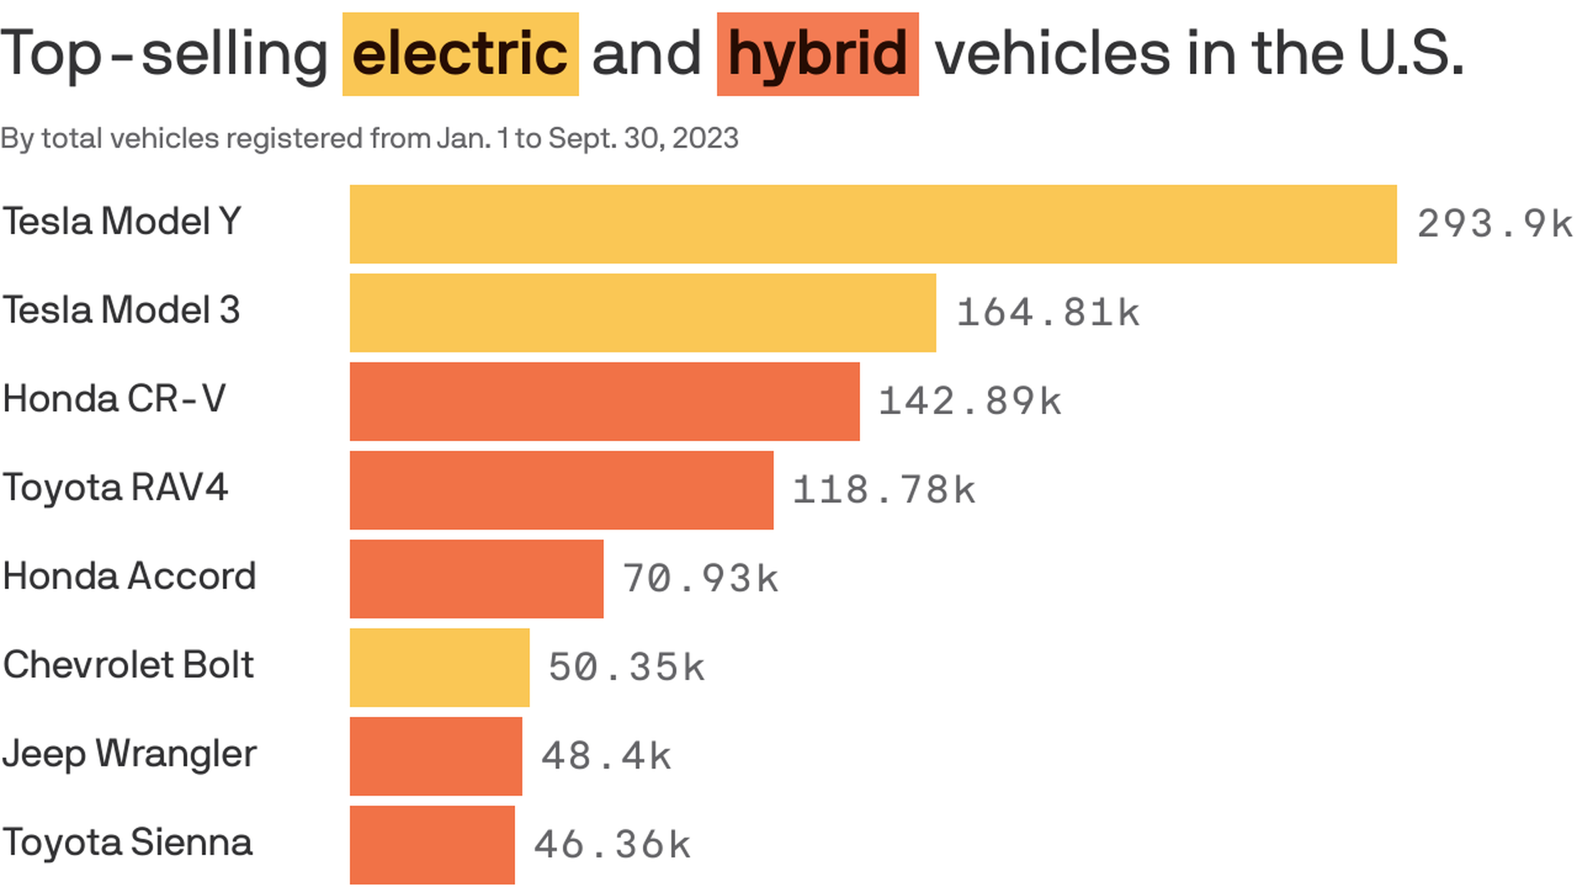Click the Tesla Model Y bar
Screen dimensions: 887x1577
pos(872,224)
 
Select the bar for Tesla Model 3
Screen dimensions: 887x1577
pos(642,313)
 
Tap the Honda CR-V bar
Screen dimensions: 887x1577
pos(605,402)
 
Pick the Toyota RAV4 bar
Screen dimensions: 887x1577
pos(561,490)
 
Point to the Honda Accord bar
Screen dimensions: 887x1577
pos(476,579)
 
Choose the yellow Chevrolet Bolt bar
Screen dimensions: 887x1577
pos(439,668)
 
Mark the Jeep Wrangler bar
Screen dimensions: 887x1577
pos(435,756)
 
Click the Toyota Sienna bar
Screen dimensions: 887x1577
pos(432,845)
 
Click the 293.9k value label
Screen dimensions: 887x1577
pos(1494,224)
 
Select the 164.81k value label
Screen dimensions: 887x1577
pos(1048,313)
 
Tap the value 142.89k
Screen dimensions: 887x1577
pos(970,402)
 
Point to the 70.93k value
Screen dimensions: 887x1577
pos(700,579)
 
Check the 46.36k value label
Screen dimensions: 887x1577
pos(612,845)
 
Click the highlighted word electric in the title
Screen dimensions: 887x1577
pos(460,54)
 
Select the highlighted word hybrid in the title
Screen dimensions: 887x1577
pos(817,54)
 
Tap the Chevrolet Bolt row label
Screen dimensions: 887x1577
pos(128,665)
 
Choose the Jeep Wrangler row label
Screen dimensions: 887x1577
pos(129,754)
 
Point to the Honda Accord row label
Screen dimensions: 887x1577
pos(129,577)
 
